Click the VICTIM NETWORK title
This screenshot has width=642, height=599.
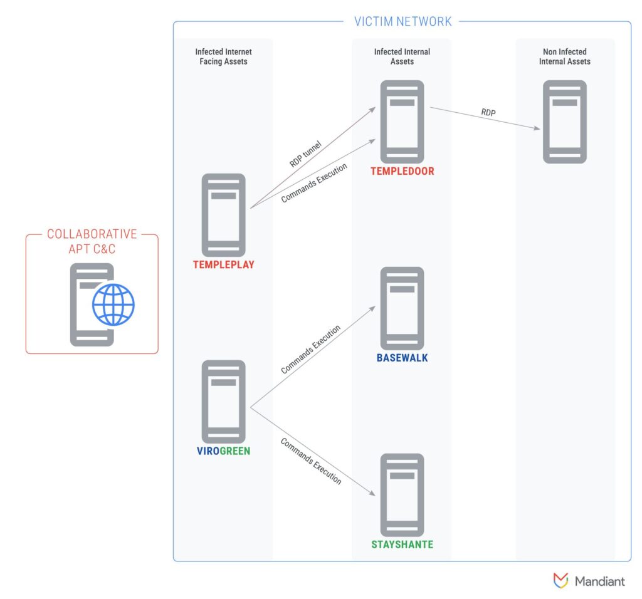click(403, 21)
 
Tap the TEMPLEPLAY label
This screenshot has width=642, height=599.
click(224, 264)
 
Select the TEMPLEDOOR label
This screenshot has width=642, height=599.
click(403, 172)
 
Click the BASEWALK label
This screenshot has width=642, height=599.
click(402, 358)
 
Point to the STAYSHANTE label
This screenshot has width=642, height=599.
click(402, 544)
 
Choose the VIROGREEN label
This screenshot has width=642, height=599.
click(224, 451)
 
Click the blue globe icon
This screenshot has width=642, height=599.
click(113, 305)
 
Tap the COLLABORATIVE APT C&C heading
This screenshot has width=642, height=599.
click(92, 241)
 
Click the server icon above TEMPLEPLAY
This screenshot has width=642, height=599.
click(224, 215)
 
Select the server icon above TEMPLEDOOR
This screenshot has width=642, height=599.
click(402, 122)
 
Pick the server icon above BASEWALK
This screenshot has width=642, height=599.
click(402, 308)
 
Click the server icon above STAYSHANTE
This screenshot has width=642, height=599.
click(402, 494)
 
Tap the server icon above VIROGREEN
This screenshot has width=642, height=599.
click(224, 402)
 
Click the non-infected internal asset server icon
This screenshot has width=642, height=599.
click(565, 122)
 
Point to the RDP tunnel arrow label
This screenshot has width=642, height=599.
click(305, 154)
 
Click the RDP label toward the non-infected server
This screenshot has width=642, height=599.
click(488, 113)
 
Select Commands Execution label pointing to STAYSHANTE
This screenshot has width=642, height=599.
click(311, 461)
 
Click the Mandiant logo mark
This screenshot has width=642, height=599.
click(560, 580)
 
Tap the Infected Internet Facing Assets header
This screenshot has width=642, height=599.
click(224, 56)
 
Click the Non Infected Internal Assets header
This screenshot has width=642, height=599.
click(565, 56)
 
